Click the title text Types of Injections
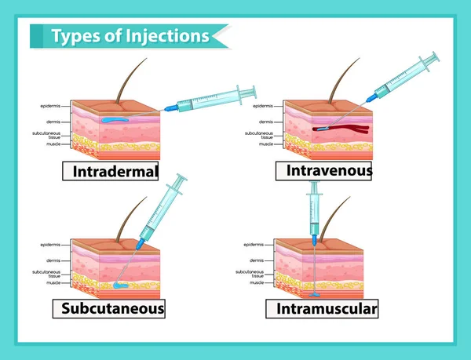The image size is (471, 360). [x=130, y=36]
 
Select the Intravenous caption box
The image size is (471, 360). [x=323, y=169]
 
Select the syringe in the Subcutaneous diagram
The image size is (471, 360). [x=162, y=210]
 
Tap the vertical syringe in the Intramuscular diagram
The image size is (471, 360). [x=314, y=209]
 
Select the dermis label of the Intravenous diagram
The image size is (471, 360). [x=265, y=122]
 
